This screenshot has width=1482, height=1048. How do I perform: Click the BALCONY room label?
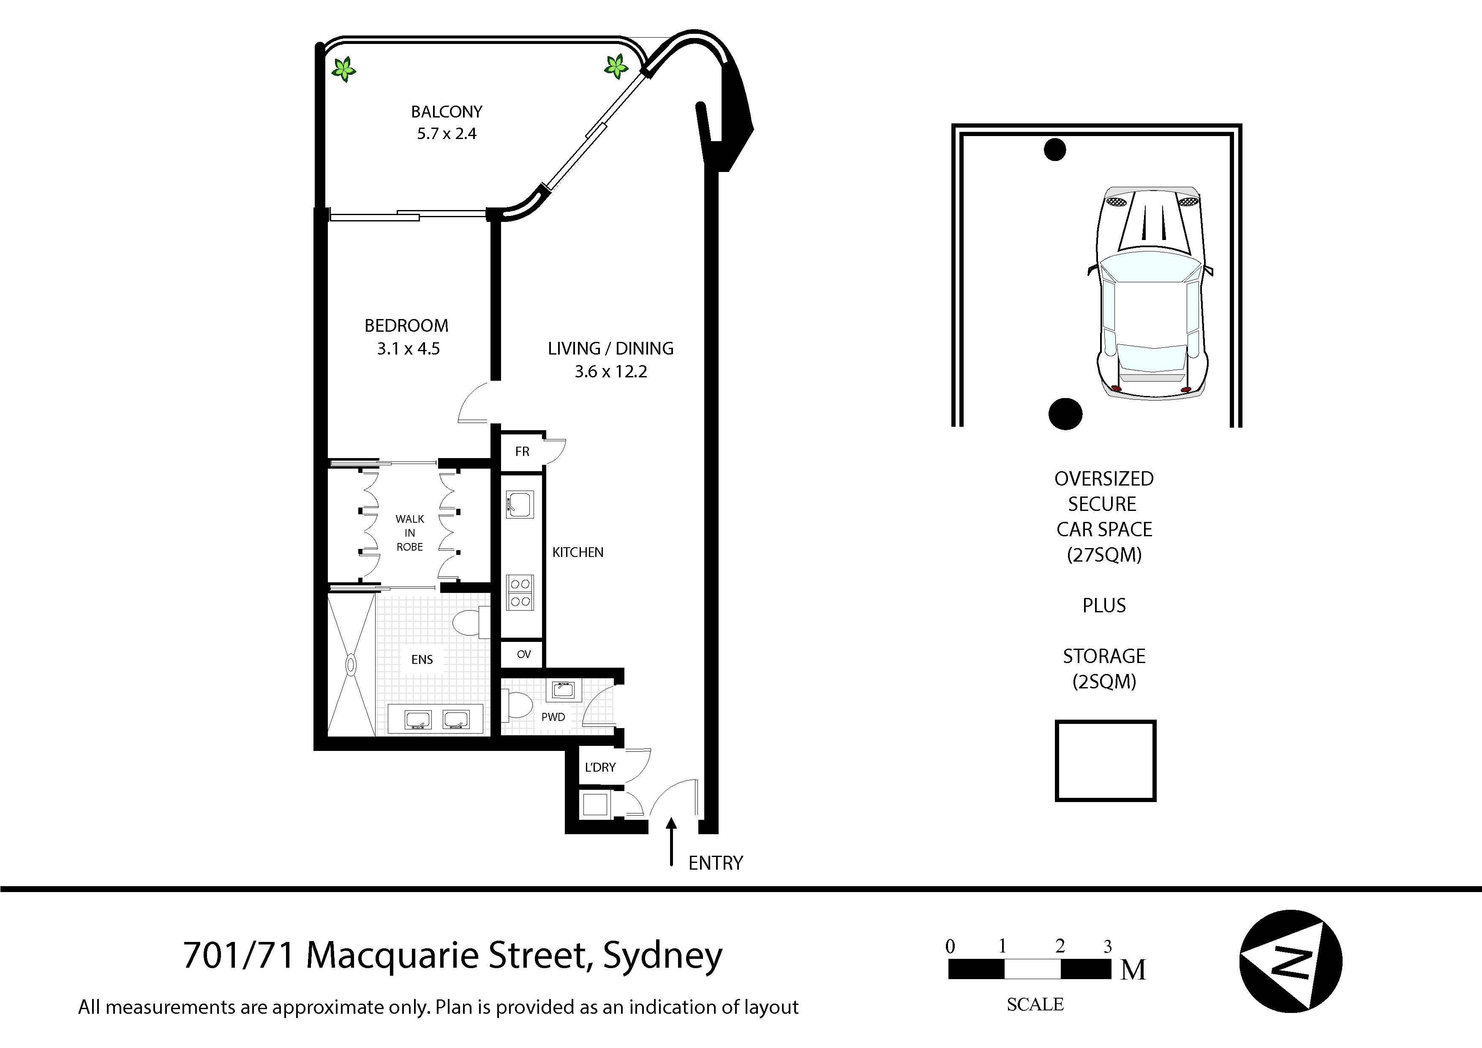click(446, 112)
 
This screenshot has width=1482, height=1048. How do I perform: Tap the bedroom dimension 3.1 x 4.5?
click(408, 349)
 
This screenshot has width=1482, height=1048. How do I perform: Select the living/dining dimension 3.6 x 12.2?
click(610, 371)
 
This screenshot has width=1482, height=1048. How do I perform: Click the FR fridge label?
click(522, 451)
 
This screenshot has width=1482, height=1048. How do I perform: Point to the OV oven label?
click(523, 654)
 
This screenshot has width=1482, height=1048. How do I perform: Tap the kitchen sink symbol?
click(520, 504)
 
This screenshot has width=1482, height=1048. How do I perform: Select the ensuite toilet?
click(470, 624)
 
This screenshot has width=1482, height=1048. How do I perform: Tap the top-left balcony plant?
click(344, 68)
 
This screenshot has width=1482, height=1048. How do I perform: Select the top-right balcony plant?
click(616, 66)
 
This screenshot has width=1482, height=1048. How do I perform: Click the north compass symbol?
click(1291, 961)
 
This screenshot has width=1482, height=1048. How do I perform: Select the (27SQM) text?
click(1104, 555)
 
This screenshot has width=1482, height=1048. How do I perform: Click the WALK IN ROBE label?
click(409, 533)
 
